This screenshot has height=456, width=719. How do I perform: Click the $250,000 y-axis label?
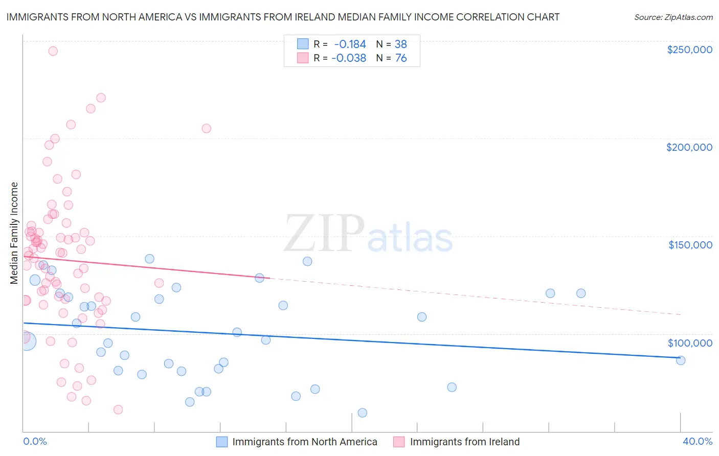[689, 50]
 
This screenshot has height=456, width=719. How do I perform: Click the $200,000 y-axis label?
[689, 147]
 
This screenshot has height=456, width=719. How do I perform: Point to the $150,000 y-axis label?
[690, 245]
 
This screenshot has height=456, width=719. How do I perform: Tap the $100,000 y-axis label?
[690, 343]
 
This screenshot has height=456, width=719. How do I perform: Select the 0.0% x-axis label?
[35, 442]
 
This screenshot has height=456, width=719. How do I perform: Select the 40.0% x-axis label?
[697, 442]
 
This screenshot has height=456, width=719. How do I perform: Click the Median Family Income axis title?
[14, 233]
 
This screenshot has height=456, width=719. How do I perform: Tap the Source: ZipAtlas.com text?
[673, 17]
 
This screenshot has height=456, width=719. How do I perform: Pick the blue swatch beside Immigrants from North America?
[221, 442]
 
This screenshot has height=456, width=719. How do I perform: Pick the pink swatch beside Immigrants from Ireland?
[399, 442]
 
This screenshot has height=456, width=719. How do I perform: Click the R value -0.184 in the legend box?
[350, 44]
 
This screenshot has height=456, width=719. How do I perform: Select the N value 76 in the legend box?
[401, 58]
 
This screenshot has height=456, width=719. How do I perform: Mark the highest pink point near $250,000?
[53, 51]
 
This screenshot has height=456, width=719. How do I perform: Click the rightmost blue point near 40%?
[681, 360]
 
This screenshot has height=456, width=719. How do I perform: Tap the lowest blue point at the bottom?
[362, 413]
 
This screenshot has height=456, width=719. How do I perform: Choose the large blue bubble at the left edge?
[27, 341]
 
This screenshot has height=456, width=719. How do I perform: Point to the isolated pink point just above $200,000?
[207, 128]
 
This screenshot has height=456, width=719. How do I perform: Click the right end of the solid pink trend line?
[269, 278]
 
